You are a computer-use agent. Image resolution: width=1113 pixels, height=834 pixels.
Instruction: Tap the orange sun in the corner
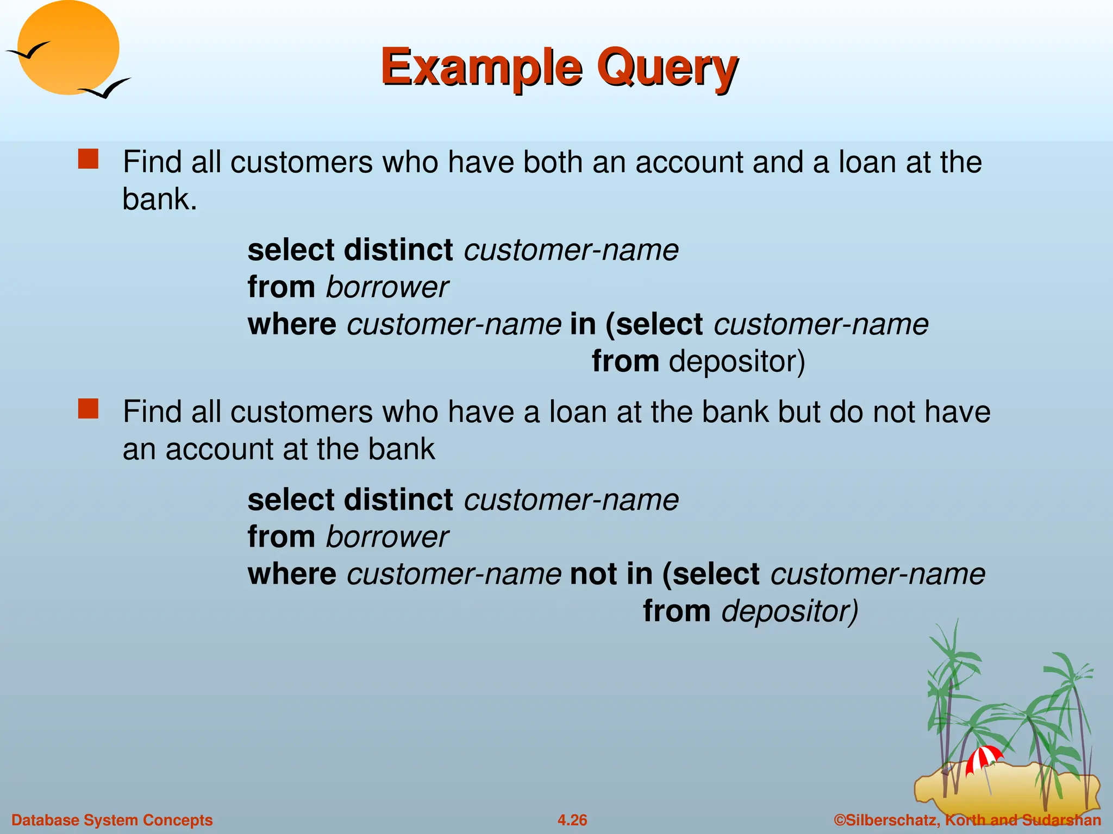69,48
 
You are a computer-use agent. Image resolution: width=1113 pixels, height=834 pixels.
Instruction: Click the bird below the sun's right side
105,89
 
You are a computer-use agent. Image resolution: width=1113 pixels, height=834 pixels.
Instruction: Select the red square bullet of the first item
88,160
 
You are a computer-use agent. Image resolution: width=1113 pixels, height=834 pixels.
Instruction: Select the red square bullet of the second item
88,409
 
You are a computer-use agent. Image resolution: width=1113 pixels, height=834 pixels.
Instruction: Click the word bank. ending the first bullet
159,199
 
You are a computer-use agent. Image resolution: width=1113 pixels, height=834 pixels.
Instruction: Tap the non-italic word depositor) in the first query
736,362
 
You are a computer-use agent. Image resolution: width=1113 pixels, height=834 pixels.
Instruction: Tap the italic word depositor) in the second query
789,611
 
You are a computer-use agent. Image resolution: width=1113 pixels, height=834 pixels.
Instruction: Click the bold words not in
611,574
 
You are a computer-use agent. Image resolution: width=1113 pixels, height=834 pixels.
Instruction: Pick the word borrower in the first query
387,287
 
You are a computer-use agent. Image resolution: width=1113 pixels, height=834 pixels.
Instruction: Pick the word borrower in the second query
387,537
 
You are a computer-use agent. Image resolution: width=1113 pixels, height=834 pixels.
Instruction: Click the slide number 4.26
572,820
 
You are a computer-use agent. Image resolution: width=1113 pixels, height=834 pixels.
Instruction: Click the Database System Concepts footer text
112,820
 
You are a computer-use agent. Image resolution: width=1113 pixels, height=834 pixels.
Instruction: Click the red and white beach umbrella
983,757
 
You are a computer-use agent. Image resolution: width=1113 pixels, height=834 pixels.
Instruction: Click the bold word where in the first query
292,325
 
